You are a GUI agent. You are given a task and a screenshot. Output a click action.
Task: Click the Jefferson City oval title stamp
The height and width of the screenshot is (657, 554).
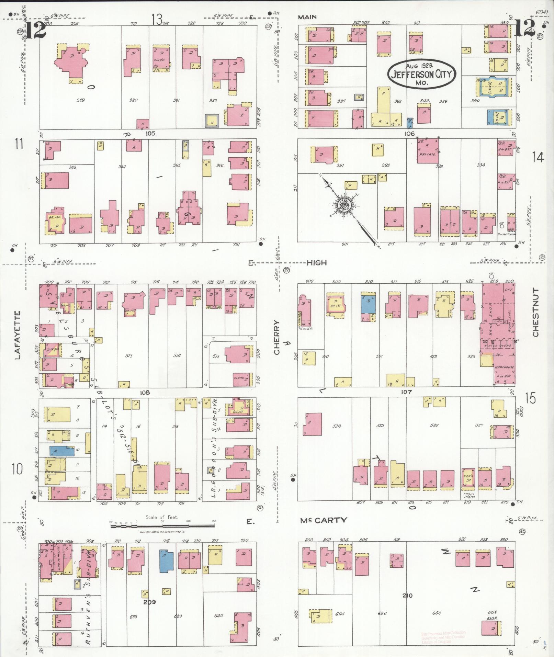coord(421,74)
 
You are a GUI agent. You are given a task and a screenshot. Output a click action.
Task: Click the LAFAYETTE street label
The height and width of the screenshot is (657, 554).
coord(18,335)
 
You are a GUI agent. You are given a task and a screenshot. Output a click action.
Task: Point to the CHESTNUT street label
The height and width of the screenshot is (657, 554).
coord(535,313)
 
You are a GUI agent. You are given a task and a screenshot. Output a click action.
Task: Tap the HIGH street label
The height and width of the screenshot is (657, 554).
coord(316,263)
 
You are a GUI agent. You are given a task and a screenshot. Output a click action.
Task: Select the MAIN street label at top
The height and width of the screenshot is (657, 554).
coord(307,17)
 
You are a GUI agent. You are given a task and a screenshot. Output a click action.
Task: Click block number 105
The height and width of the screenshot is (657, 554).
coord(150,133)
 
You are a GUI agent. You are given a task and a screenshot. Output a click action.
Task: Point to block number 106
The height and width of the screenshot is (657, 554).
coord(409,133)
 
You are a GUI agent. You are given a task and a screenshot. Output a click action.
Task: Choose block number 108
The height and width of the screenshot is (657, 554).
coord(145,392)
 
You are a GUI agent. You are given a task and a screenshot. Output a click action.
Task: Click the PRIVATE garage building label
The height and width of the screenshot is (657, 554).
coord(427,155)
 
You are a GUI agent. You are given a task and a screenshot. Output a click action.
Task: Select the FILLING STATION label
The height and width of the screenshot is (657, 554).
coord(507,234)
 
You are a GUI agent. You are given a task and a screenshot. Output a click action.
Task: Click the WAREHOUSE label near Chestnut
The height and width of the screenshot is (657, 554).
coord(504,367)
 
